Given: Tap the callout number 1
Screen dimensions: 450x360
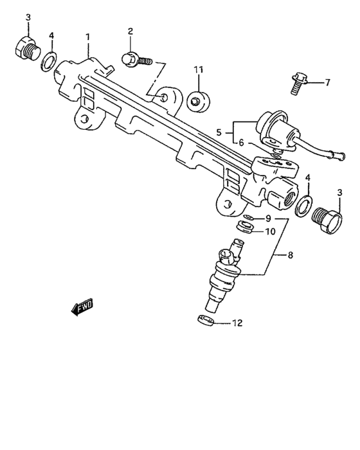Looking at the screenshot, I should tap(89, 38).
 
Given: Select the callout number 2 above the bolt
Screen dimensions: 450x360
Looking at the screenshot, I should tap(130, 32).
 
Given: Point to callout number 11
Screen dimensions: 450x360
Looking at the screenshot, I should tap(199, 69).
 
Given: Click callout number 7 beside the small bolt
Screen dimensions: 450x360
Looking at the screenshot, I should tap(326, 82).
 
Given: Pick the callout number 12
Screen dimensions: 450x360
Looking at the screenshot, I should tap(237, 323).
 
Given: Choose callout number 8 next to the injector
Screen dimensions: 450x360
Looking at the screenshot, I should tap(290, 255).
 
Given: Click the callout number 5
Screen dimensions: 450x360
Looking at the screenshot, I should tap(219, 132).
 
